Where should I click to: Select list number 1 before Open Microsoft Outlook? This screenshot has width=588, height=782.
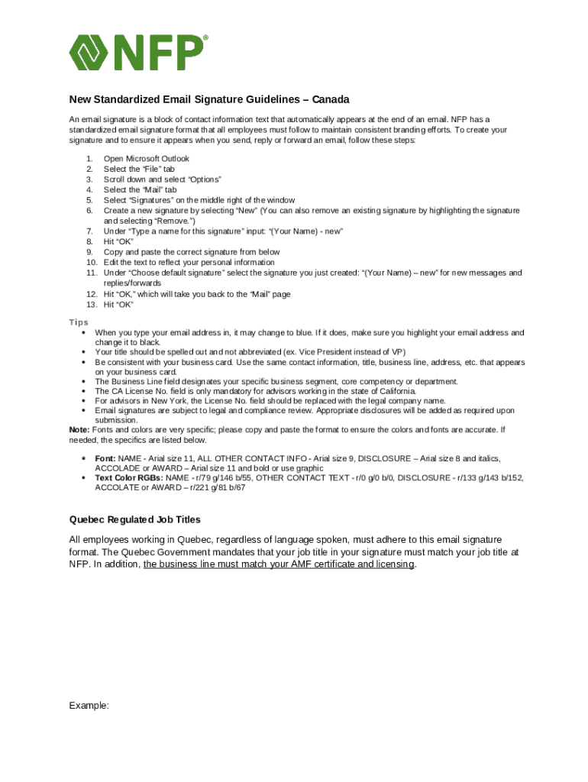click(x=89, y=159)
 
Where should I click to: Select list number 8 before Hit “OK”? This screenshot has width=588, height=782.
click(x=89, y=241)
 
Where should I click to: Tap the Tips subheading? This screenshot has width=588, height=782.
click(x=79, y=322)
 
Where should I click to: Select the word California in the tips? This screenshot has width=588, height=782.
click(x=396, y=391)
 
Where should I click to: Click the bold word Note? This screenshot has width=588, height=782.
click(x=79, y=430)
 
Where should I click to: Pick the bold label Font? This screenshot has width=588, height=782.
click(x=105, y=458)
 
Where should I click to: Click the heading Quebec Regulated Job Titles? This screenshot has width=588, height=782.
click(x=135, y=519)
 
